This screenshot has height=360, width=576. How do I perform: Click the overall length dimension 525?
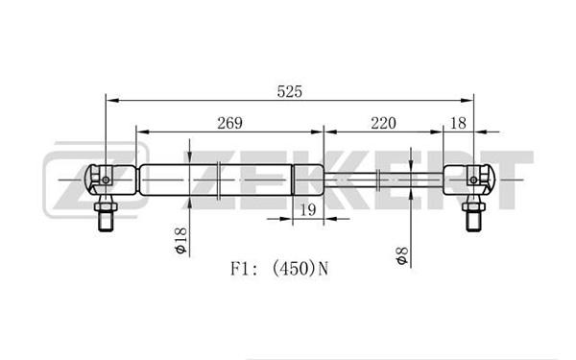pyautogui.click(x=290, y=91)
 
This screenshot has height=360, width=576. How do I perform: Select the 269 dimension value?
pyautogui.click(x=230, y=123)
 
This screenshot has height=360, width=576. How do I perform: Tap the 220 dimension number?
pyautogui.click(x=383, y=123)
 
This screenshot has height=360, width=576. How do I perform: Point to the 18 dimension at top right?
pyautogui.click(x=458, y=123)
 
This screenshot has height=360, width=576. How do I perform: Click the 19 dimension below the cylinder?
pyautogui.click(x=308, y=209)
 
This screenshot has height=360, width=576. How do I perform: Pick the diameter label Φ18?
pyautogui.click(x=180, y=241)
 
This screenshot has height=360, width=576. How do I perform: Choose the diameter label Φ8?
pyautogui.click(x=402, y=256)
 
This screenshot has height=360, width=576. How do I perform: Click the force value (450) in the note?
pyautogui.click(x=294, y=269)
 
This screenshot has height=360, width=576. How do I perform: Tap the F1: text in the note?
pyautogui.click(x=246, y=269)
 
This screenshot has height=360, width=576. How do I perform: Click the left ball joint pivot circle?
pyautogui.click(x=106, y=180)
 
